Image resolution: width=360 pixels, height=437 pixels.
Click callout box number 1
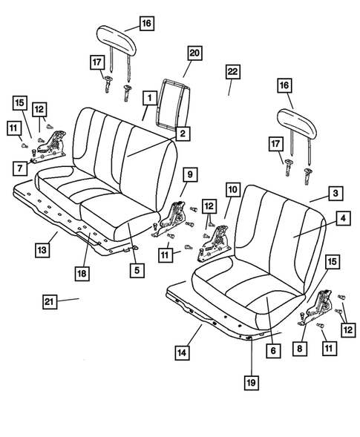pyautogui.click(x=149, y=97)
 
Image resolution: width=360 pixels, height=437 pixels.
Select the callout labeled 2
pyautogui.click(x=180, y=134)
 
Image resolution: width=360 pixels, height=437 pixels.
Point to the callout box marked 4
pyautogui.click(x=343, y=220)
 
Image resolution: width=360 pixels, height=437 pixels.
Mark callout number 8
pyautogui.click(x=301, y=347)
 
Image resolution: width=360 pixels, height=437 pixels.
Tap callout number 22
pyautogui.click(x=233, y=71)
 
